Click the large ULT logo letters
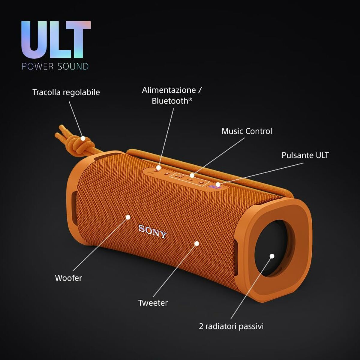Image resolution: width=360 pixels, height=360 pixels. [x=56, y=40]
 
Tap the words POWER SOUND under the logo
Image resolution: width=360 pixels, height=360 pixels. [x=55, y=66]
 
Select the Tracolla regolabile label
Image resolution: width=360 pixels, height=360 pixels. [x=66, y=92]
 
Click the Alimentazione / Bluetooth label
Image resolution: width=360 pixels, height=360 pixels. [x=172, y=95]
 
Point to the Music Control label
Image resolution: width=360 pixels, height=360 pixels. [x=247, y=131]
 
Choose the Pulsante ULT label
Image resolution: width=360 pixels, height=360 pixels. [x=305, y=155]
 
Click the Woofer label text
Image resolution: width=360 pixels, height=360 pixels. [x=68, y=278]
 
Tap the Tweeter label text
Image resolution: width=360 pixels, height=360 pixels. [x=153, y=303]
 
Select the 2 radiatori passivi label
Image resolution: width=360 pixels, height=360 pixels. [x=231, y=326]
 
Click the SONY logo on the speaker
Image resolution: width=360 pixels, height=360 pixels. [x=152, y=231]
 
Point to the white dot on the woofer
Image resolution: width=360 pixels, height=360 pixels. [x=128, y=217]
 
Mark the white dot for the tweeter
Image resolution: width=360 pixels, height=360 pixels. [x=197, y=244]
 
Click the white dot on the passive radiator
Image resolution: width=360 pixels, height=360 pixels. [x=272, y=256]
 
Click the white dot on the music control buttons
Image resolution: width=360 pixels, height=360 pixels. [x=192, y=175]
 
